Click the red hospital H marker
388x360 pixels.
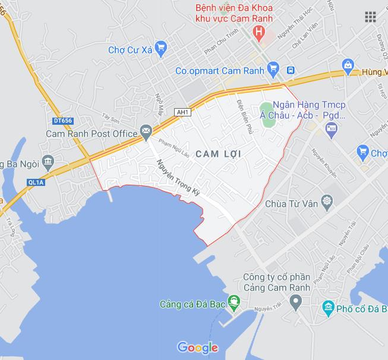point(258,31)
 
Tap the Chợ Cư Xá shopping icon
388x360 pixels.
point(159,47)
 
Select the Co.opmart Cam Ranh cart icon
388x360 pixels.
point(273,70)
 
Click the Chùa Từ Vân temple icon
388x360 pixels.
point(326,202)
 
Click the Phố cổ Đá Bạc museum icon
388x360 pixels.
point(327,307)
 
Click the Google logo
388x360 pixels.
point(197,348)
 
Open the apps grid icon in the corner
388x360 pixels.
point(370,16)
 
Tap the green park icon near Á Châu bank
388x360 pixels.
point(267,110)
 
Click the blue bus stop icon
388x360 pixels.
point(290,70)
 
